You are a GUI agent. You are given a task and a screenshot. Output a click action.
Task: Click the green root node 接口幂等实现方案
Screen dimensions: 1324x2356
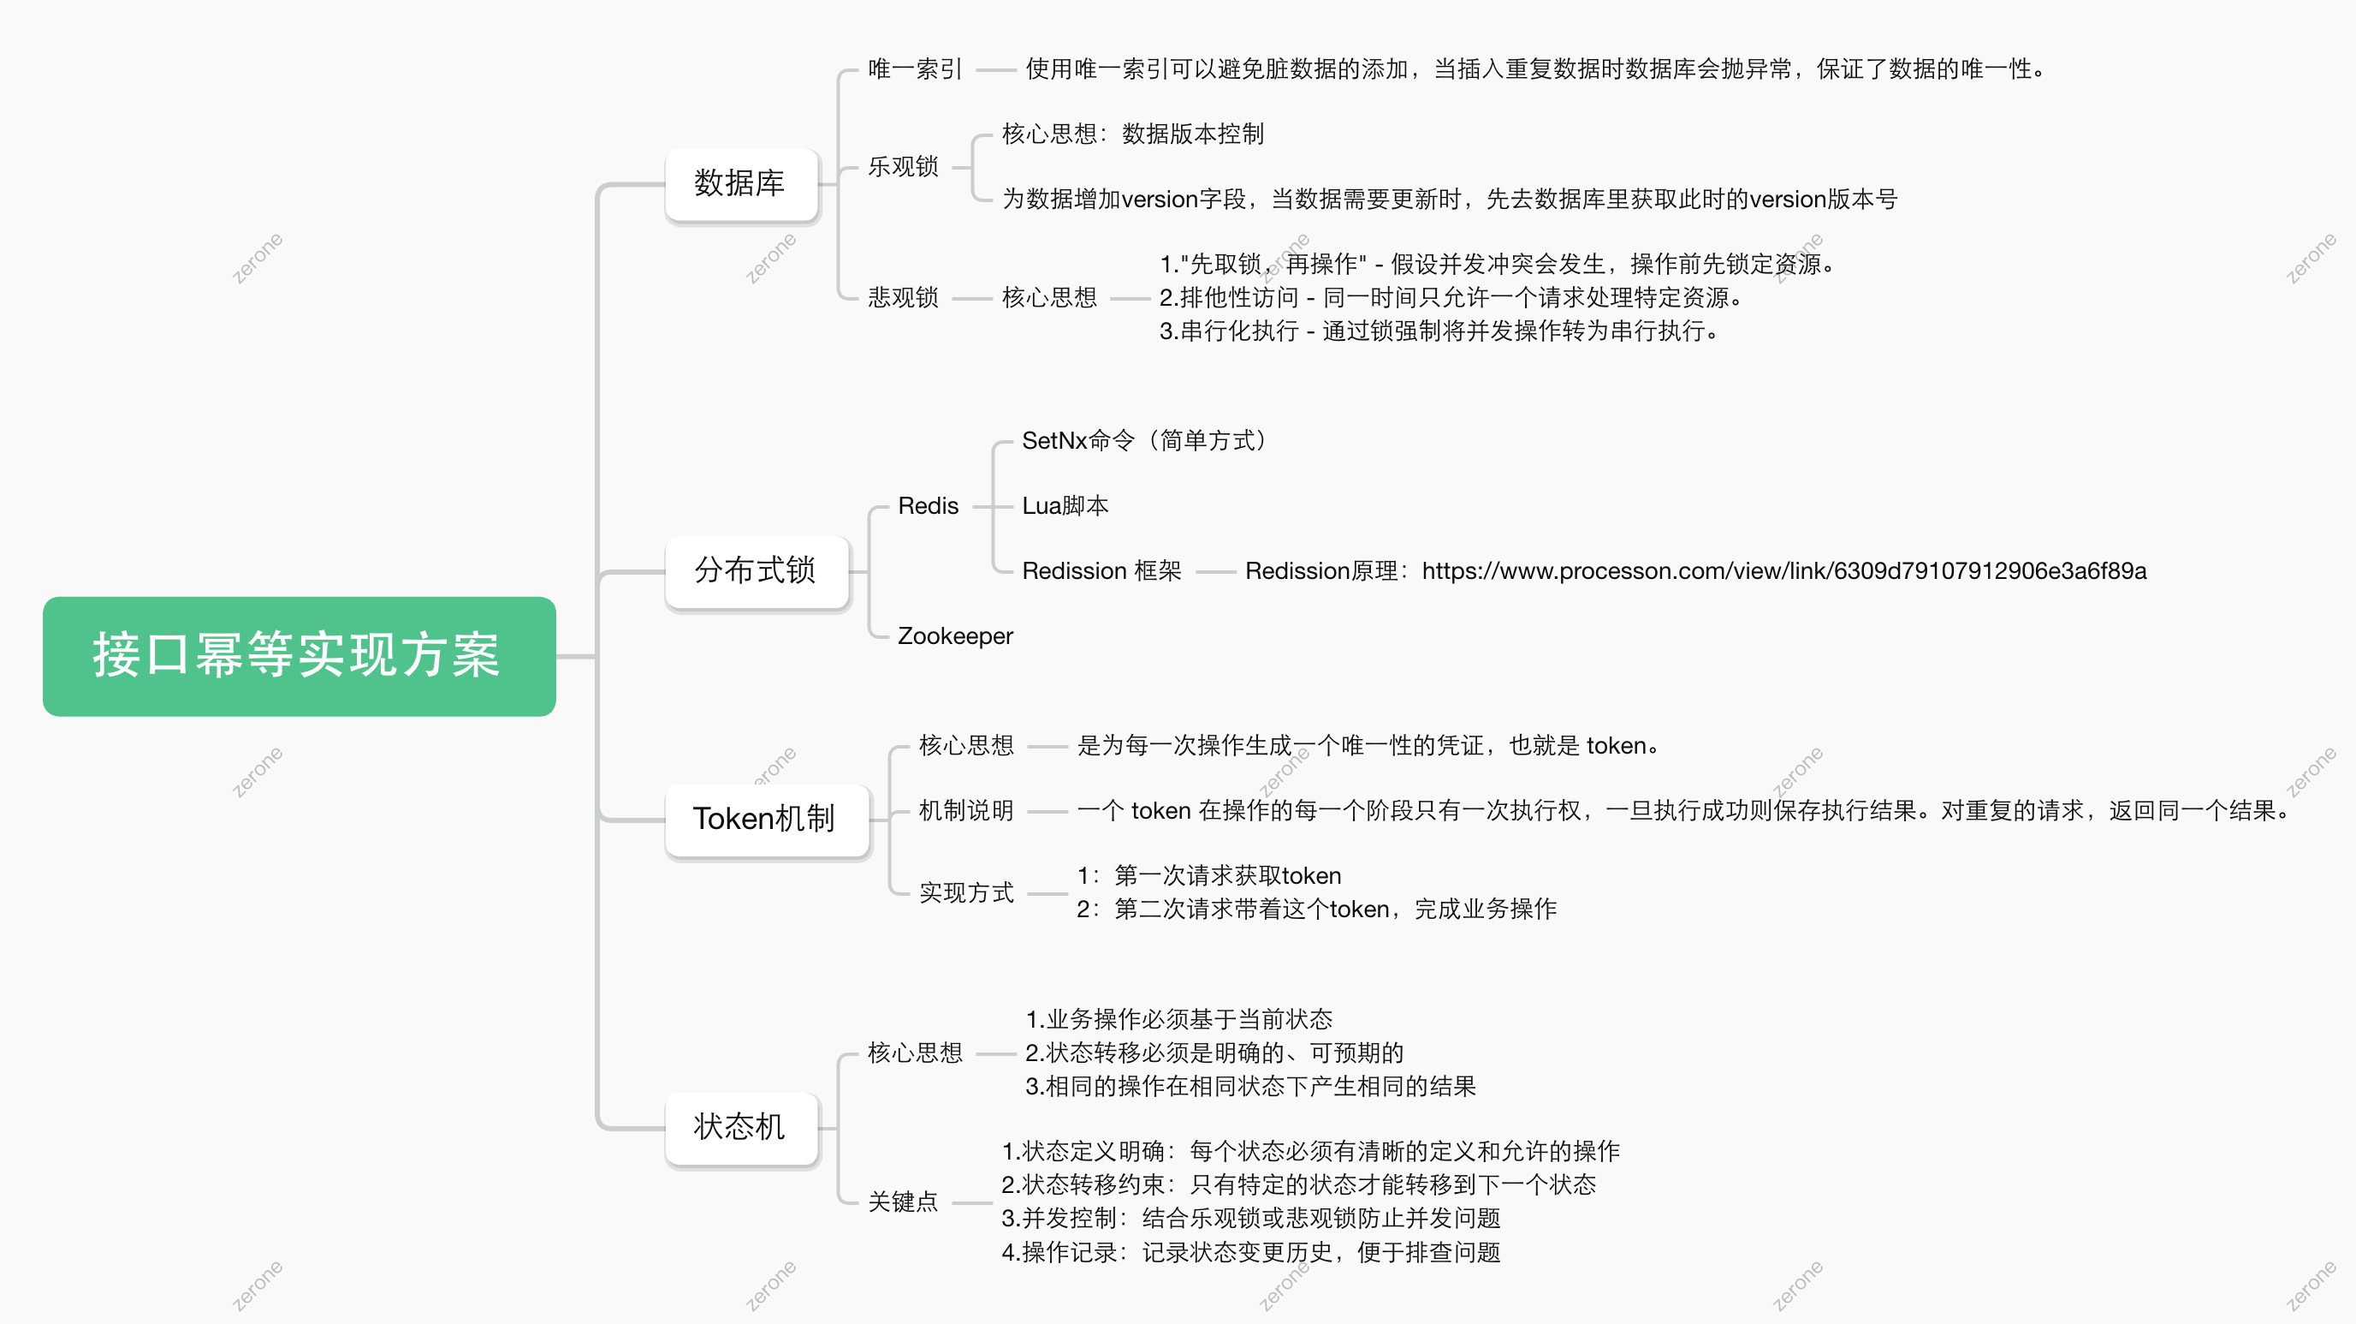(x=299, y=656)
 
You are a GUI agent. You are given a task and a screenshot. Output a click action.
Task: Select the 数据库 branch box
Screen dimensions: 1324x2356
(x=740, y=184)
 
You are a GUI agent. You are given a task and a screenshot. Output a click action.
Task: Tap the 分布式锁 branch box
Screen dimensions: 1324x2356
(x=756, y=571)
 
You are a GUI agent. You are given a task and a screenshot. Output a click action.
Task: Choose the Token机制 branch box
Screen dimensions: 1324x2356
(x=764, y=819)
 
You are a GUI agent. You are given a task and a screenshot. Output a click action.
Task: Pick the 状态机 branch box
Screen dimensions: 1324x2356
(x=740, y=1127)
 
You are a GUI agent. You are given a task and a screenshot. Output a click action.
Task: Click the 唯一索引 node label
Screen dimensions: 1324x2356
(x=915, y=69)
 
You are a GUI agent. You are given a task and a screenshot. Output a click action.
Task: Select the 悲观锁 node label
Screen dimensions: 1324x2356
(x=903, y=297)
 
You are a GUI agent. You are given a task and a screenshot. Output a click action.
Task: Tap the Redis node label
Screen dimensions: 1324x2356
(x=928, y=506)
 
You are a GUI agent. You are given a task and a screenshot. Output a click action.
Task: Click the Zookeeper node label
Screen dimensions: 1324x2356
(x=955, y=636)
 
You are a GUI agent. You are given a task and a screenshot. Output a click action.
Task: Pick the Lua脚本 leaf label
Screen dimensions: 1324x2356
(x=1065, y=506)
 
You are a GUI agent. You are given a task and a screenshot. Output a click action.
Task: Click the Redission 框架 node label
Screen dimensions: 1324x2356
(x=1101, y=571)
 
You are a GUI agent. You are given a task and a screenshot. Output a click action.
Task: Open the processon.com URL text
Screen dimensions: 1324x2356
(x=1783, y=571)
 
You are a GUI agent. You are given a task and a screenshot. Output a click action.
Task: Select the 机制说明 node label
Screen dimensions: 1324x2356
(x=966, y=811)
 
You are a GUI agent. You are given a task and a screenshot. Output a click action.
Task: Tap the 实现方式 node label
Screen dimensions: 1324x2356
(x=966, y=892)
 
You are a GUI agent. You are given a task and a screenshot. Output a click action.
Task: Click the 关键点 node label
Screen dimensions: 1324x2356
(x=903, y=1202)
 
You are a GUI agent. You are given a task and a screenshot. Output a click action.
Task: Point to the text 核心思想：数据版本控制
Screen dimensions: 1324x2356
(x=1132, y=134)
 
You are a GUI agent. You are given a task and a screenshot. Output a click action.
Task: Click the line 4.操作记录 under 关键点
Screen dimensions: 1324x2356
(x=1250, y=1252)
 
